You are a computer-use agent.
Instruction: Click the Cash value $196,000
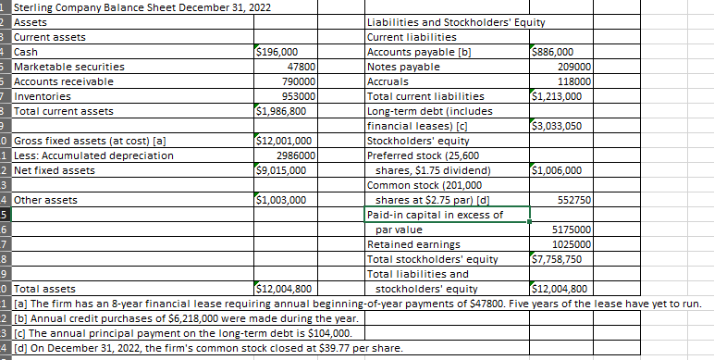pos(277,52)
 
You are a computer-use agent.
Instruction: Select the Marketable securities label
pos(69,67)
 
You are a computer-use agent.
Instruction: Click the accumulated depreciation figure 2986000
pos(295,155)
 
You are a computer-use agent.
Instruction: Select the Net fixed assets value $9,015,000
pos(280,170)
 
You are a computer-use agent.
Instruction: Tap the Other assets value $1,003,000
pos(280,200)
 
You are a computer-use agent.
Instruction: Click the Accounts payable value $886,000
pos(554,52)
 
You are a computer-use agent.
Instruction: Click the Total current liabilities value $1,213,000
pos(558,96)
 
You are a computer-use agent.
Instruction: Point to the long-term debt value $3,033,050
pos(558,126)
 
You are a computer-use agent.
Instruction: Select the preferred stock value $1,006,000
pos(558,170)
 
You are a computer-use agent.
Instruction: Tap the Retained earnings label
pos(405,244)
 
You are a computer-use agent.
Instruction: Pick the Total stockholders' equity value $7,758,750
pos(558,259)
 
